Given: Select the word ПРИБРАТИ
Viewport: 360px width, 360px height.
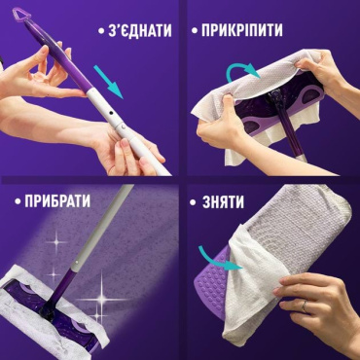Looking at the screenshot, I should click(x=54, y=201).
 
